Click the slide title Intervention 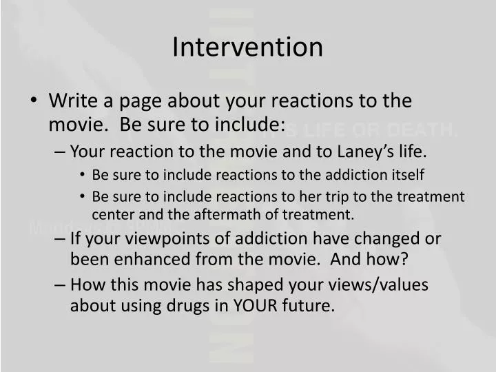247,47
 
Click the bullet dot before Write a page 34,101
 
